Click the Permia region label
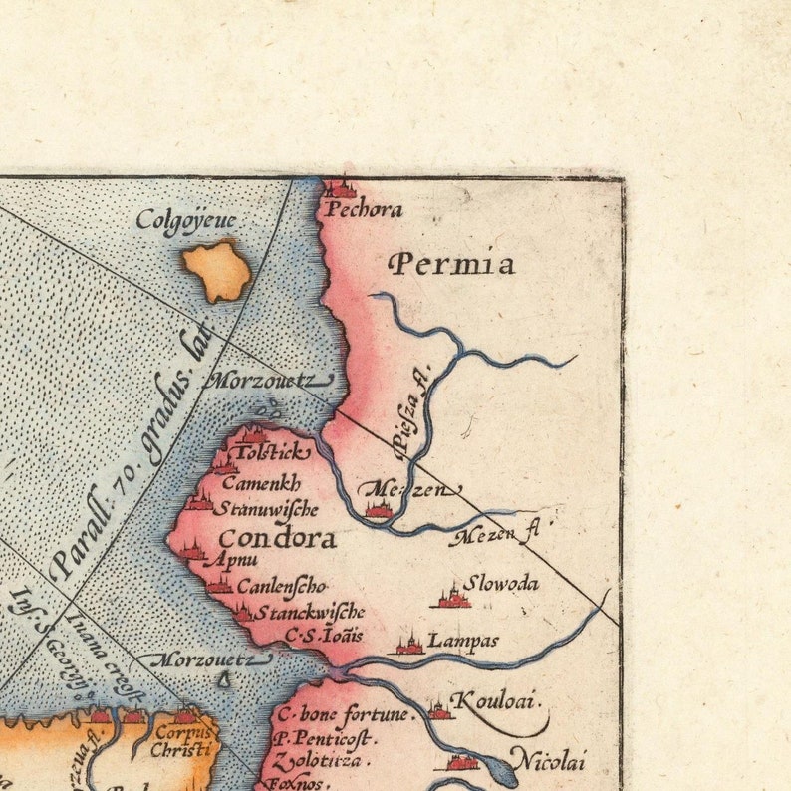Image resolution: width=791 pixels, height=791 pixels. click(451, 263)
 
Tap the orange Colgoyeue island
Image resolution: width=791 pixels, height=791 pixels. click(217, 270)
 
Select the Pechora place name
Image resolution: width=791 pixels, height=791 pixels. click(362, 210)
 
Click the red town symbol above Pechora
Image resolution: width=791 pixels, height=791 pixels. click(341, 188)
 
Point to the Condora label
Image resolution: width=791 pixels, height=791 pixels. click(276, 539)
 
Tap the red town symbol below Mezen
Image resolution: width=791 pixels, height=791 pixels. click(379, 509)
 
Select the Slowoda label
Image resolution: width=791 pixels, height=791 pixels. click(501, 583)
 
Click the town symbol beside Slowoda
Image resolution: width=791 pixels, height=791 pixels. click(453, 597)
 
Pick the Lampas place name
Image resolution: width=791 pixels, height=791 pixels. click(463, 641)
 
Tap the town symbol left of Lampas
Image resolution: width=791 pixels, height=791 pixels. click(409, 645)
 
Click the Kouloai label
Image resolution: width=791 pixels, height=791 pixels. click(497, 701)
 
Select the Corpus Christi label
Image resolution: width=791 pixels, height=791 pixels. click(182, 740)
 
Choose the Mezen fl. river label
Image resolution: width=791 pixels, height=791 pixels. click(494, 536)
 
